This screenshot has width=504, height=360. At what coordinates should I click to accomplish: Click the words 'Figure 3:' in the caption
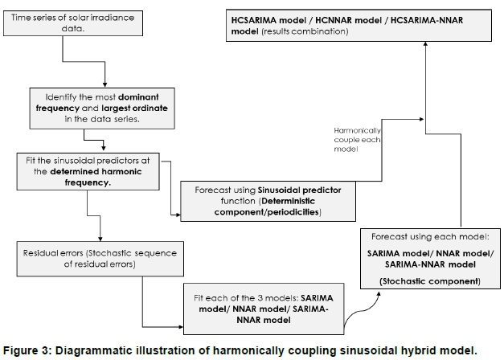tap(27, 350)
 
